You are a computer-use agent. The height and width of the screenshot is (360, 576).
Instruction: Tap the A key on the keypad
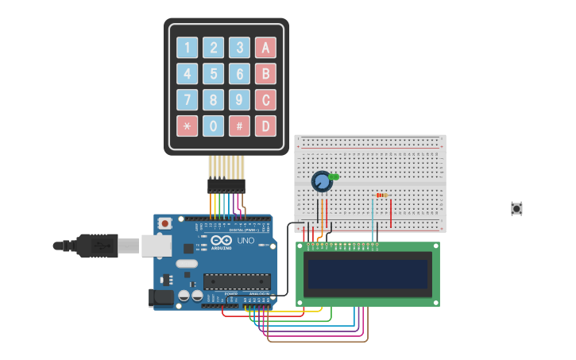pyautogui.click(x=265, y=48)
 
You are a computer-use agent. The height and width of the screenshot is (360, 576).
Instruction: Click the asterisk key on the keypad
pyautogui.click(x=187, y=126)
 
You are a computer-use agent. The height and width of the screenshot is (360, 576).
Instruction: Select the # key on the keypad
pyautogui.click(x=239, y=126)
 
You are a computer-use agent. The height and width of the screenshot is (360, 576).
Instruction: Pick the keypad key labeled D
pyautogui.click(x=265, y=126)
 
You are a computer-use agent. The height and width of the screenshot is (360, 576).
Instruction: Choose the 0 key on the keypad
pyautogui.click(x=213, y=126)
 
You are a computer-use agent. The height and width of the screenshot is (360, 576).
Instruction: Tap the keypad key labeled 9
pyautogui.click(x=239, y=100)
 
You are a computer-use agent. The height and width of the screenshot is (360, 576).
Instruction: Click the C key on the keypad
pyautogui.click(x=265, y=100)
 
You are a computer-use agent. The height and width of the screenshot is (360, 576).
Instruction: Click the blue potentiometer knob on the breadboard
pyautogui.click(x=321, y=182)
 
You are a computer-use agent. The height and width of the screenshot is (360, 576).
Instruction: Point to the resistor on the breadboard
pyautogui.click(x=381, y=195)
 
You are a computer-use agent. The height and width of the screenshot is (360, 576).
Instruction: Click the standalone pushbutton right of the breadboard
pyautogui.click(x=516, y=208)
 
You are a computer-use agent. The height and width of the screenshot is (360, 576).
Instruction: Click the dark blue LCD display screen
pyautogui.click(x=368, y=274)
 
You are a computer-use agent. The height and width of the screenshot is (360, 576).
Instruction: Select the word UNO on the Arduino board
pyautogui.click(x=245, y=240)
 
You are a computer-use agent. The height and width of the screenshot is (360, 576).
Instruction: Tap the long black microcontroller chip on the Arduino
pyautogui.click(x=237, y=281)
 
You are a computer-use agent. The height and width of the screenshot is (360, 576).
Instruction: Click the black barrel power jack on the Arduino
pyautogui.click(x=161, y=297)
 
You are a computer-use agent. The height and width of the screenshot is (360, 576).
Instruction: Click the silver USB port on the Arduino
pyautogui.click(x=157, y=246)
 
